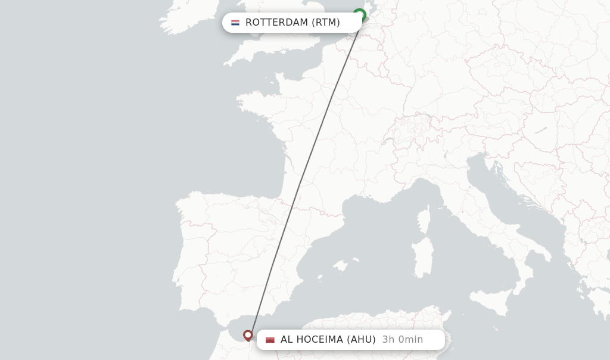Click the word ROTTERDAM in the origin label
pos(277,23)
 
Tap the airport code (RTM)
pos(325,23)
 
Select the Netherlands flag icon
pos(235,23)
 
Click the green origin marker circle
pos(359,14)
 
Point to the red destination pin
pos(248,336)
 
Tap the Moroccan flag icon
pos(270,340)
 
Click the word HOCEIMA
pos(319,340)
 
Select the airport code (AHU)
pos(362,340)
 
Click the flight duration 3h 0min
pos(403,340)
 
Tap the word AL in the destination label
pos(287,340)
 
